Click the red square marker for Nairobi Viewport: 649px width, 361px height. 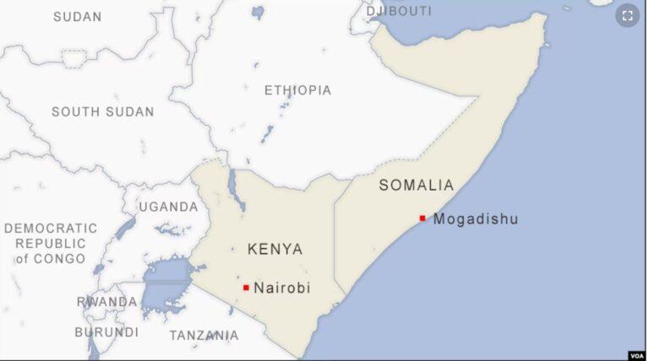(246, 288)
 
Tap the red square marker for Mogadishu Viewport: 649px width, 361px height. (423, 218)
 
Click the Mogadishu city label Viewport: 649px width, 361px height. (475, 219)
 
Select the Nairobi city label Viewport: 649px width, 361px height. (281, 288)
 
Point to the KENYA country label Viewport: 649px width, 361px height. (275, 250)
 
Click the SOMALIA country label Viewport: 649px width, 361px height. (416, 186)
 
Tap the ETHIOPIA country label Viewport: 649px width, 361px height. (297, 90)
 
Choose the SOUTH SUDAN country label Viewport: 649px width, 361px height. (102, 112)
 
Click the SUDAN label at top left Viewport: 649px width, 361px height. (77, 17)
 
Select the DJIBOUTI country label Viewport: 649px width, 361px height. (398, 11)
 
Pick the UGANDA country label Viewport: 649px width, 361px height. (168, 207)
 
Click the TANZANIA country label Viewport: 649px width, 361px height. (204, 336)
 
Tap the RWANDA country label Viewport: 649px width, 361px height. (106, 302)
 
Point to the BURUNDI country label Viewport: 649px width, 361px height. (106, 332)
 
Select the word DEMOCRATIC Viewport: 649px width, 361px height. (51, 229)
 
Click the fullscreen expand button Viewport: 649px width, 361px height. (627, 15)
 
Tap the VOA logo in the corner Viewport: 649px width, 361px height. (636, 355)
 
